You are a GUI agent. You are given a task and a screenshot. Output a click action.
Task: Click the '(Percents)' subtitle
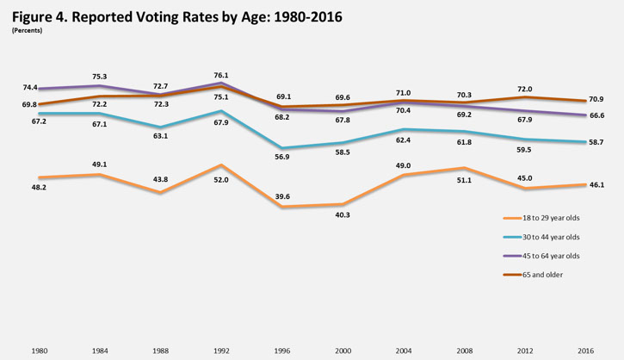28,30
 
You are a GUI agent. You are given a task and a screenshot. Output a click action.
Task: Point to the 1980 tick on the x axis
39,351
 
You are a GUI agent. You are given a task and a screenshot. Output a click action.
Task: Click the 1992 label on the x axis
221,351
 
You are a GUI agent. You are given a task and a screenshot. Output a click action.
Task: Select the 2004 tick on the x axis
404,351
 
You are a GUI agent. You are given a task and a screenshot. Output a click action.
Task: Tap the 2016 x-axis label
586,351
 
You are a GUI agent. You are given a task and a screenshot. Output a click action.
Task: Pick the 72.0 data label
526,89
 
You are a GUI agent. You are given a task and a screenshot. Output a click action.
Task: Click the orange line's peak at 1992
221,164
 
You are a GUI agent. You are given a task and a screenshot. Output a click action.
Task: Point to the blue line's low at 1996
282,148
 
